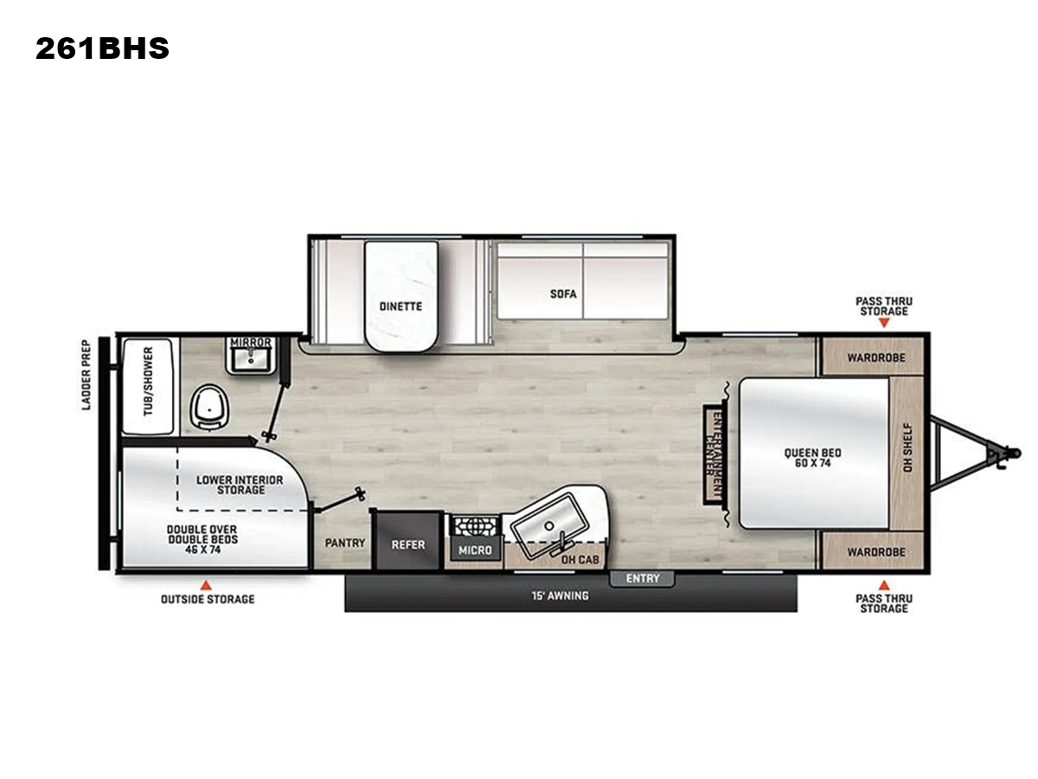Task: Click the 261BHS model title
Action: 102,48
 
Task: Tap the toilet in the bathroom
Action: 209,408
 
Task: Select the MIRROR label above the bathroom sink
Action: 251,342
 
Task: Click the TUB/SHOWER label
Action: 148,381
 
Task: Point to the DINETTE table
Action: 401,297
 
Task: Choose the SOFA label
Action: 563,293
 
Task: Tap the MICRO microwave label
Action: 475,550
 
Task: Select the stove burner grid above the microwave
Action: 476,526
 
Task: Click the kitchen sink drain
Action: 549,525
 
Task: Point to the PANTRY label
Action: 345,543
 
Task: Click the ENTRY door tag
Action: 642,578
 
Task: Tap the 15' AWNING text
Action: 561,596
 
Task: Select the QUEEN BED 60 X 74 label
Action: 812,457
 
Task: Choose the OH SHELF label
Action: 907,447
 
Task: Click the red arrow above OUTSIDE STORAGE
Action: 205,585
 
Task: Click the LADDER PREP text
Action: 86,375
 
